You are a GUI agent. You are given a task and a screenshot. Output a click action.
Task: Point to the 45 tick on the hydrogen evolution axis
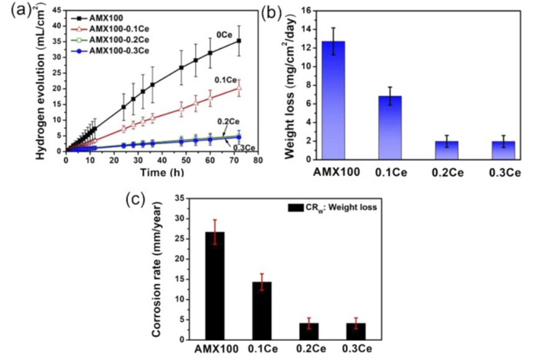pos(56,9)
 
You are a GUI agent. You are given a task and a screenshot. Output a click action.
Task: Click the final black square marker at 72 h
pos(239,41)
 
